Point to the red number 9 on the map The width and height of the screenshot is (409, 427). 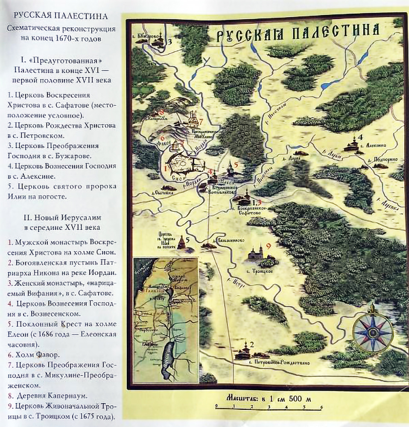[268, 246]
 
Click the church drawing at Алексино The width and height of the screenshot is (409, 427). [354, 144]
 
